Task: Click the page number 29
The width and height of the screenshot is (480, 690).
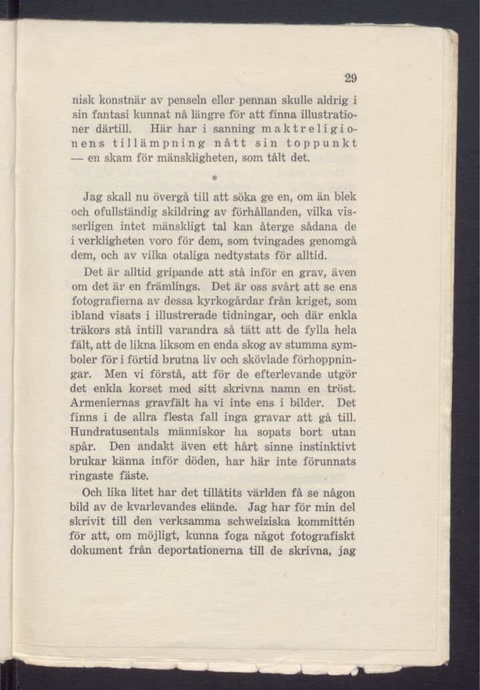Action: pyautogui.click(x=350, y=78)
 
